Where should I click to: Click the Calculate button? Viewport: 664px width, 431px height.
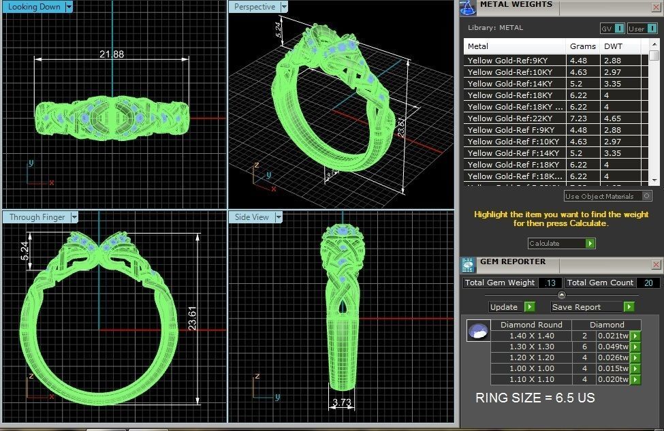561,243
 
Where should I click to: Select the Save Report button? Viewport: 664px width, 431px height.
592,307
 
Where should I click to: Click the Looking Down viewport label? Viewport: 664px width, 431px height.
35,7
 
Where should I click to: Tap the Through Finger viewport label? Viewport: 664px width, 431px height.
38,217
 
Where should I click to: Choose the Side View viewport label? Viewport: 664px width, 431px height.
253,217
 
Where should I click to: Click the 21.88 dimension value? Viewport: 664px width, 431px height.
112,54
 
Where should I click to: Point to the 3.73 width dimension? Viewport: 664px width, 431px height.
342,403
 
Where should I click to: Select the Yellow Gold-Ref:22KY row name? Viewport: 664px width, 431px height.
515,118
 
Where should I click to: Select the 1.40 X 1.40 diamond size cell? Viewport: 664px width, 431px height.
532,336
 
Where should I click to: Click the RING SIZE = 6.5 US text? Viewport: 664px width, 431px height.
535,398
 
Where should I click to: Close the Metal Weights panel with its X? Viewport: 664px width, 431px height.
657,6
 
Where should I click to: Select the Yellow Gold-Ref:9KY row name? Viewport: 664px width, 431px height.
515,60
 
